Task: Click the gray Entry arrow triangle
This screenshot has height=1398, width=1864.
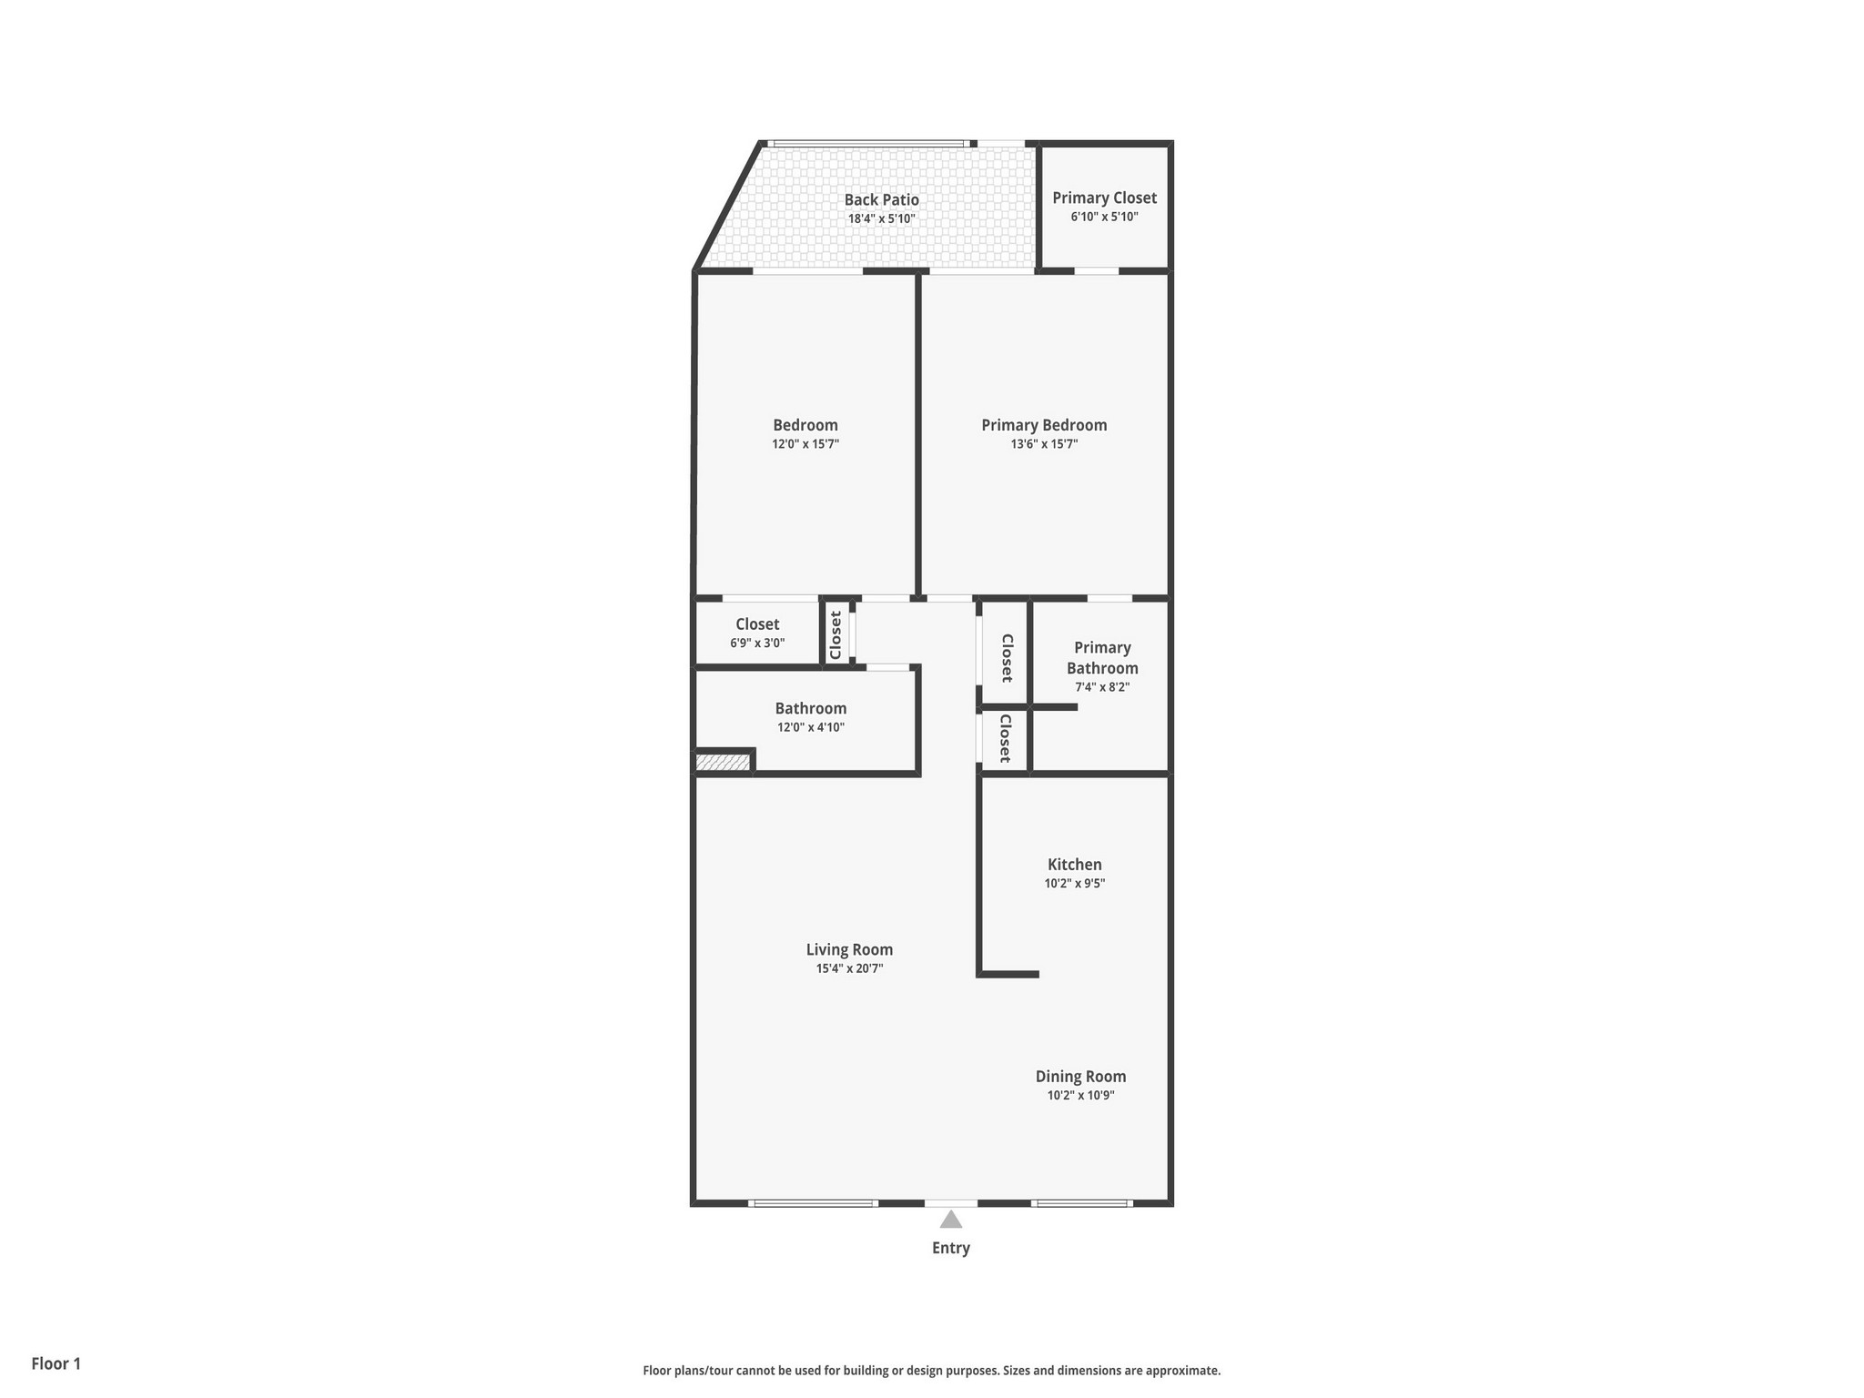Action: pyautogui.click(x=950, y=1220)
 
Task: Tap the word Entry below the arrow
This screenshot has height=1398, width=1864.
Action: pyautogui.click(x=950, y=1248)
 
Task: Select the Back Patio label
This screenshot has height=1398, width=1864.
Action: pyautogui.click(x=881, y=199)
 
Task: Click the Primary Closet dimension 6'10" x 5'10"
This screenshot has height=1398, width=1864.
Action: pyautogui.click(x=1104, y=217)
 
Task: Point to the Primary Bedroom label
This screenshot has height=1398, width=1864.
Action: pyautogui.click(x=1044, y=425)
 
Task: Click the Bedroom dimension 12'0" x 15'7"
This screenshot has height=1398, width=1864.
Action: pyautogui.click(x=805, y=444)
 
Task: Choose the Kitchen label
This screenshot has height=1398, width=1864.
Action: pyautogui.click(x=1074, y=865)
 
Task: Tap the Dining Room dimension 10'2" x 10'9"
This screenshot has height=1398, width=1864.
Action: pyautogui.click(x=1080, y=1095)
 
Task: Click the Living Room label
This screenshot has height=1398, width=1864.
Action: pyautogui.click(x=849, y=949)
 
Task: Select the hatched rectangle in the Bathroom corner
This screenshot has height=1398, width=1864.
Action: pyautogui.click(x=723, y=763)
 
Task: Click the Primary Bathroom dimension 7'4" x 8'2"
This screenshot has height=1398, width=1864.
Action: pyautogui.click(x=1102, y=687)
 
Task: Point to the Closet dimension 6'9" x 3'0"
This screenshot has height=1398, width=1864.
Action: pyautogui.click(x=757, y=643)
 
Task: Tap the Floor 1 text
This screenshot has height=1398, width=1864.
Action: pyautogui.click(x=56, y=1363)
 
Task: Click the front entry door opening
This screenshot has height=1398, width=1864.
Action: pyautogui.click(x=951, y=1203)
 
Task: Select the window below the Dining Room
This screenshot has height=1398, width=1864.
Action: pyautogui.click(x=1081, y=1203)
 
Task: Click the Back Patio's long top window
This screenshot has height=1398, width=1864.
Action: pyautogui.click(x=867, y=144)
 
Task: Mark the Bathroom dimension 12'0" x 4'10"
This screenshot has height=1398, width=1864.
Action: pyautogui.click(x=810, y=727)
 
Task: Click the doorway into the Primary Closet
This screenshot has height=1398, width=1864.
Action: pyautogui.click(x=1097, y=271)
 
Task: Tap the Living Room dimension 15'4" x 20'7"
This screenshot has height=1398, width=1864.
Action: pyautogui.click(x=849, y=968)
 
